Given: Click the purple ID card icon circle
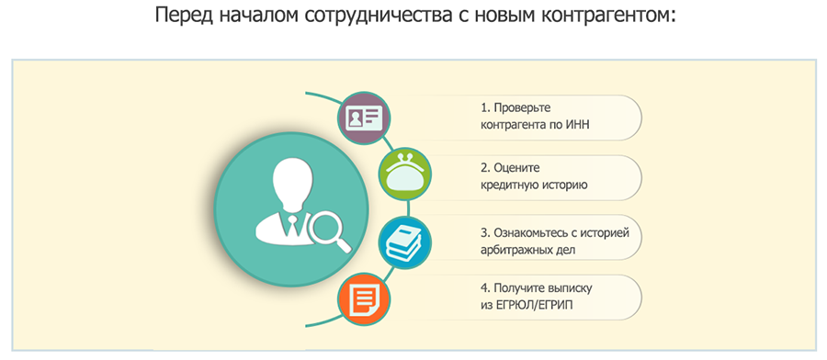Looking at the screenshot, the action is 364,118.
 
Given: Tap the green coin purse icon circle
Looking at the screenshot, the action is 405,174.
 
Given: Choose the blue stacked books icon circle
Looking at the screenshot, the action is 405,243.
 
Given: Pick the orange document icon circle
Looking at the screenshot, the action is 364,298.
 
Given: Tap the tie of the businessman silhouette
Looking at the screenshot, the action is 291,226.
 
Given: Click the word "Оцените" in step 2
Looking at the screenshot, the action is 517,168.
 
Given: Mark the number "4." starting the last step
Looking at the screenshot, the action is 484,288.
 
